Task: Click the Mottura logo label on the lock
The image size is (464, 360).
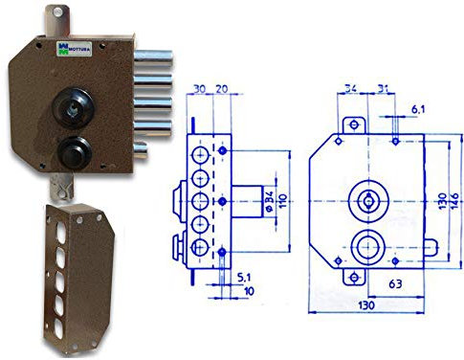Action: pos(75,49)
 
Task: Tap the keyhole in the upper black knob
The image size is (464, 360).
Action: pos(72,108)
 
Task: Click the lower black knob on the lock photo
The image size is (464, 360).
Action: pos(75,152)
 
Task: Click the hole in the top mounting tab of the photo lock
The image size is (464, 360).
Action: pos(57,12)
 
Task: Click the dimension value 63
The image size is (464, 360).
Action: pos(395,284)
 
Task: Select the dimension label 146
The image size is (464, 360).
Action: pos(455,201)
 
